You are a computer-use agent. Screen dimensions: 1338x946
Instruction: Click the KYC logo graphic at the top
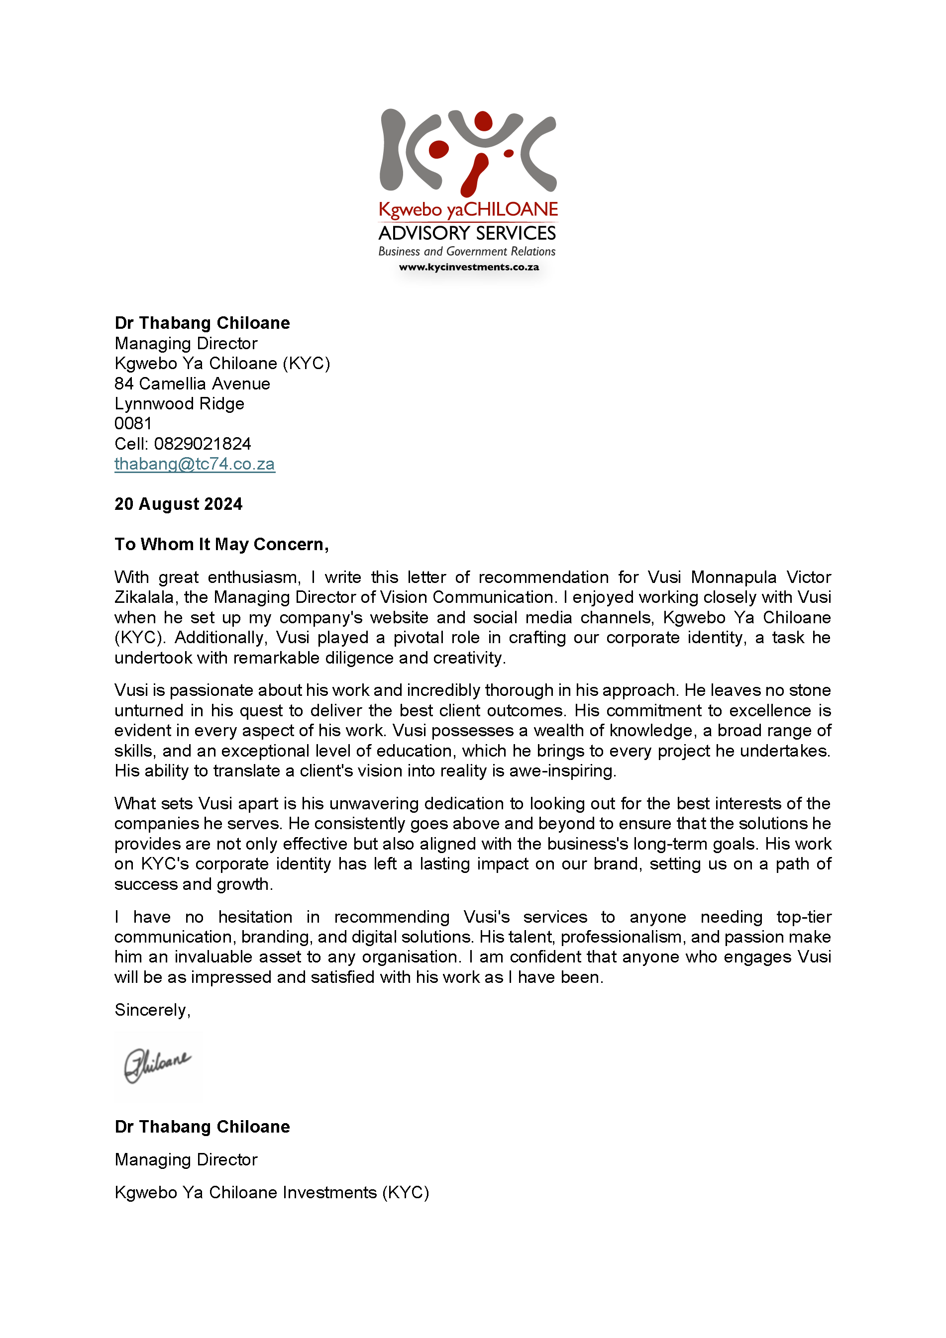tap(468, 152)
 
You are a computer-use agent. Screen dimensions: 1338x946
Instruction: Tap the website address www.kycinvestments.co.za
tap(469, 267)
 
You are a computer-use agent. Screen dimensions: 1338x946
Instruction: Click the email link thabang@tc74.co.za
tap(194, 464)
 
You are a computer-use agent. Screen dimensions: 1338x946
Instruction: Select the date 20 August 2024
tap(178, 504)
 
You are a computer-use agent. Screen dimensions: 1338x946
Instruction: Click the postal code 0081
tap(133, 424)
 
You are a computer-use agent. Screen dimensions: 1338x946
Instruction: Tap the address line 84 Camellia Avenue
tap(193, 383)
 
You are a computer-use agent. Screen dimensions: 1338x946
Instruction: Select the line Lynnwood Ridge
tap(180, 404)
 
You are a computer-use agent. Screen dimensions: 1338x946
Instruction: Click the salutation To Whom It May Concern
tap(221, 544)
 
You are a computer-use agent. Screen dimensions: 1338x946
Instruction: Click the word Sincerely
tap(151, 1010)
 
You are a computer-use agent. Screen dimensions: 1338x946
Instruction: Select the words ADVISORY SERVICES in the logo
tap(467, 233)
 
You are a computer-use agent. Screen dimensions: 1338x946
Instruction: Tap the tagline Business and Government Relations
tap(467, 251)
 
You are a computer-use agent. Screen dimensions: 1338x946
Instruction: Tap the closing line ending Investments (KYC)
tap(272, 1192)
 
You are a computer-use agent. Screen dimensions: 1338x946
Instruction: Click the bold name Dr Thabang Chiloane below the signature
tap(202, 1127)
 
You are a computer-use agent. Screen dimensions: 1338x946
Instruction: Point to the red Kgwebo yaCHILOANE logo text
tap(468, 210)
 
